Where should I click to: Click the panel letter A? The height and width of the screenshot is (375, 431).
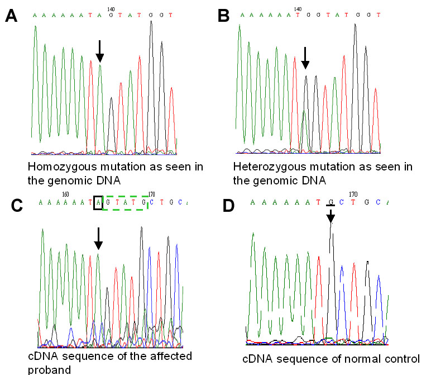[x=12, y=16]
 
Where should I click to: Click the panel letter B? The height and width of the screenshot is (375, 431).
[x=223, y=16]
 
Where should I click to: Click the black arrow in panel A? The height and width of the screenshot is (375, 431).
[x=99, y=51]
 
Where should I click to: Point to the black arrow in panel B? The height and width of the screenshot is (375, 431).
[x=305, y=58]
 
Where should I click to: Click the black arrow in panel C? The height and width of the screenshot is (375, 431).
[x=98, y=238]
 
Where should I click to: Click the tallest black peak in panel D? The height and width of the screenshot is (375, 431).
[x=331, y=229]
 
